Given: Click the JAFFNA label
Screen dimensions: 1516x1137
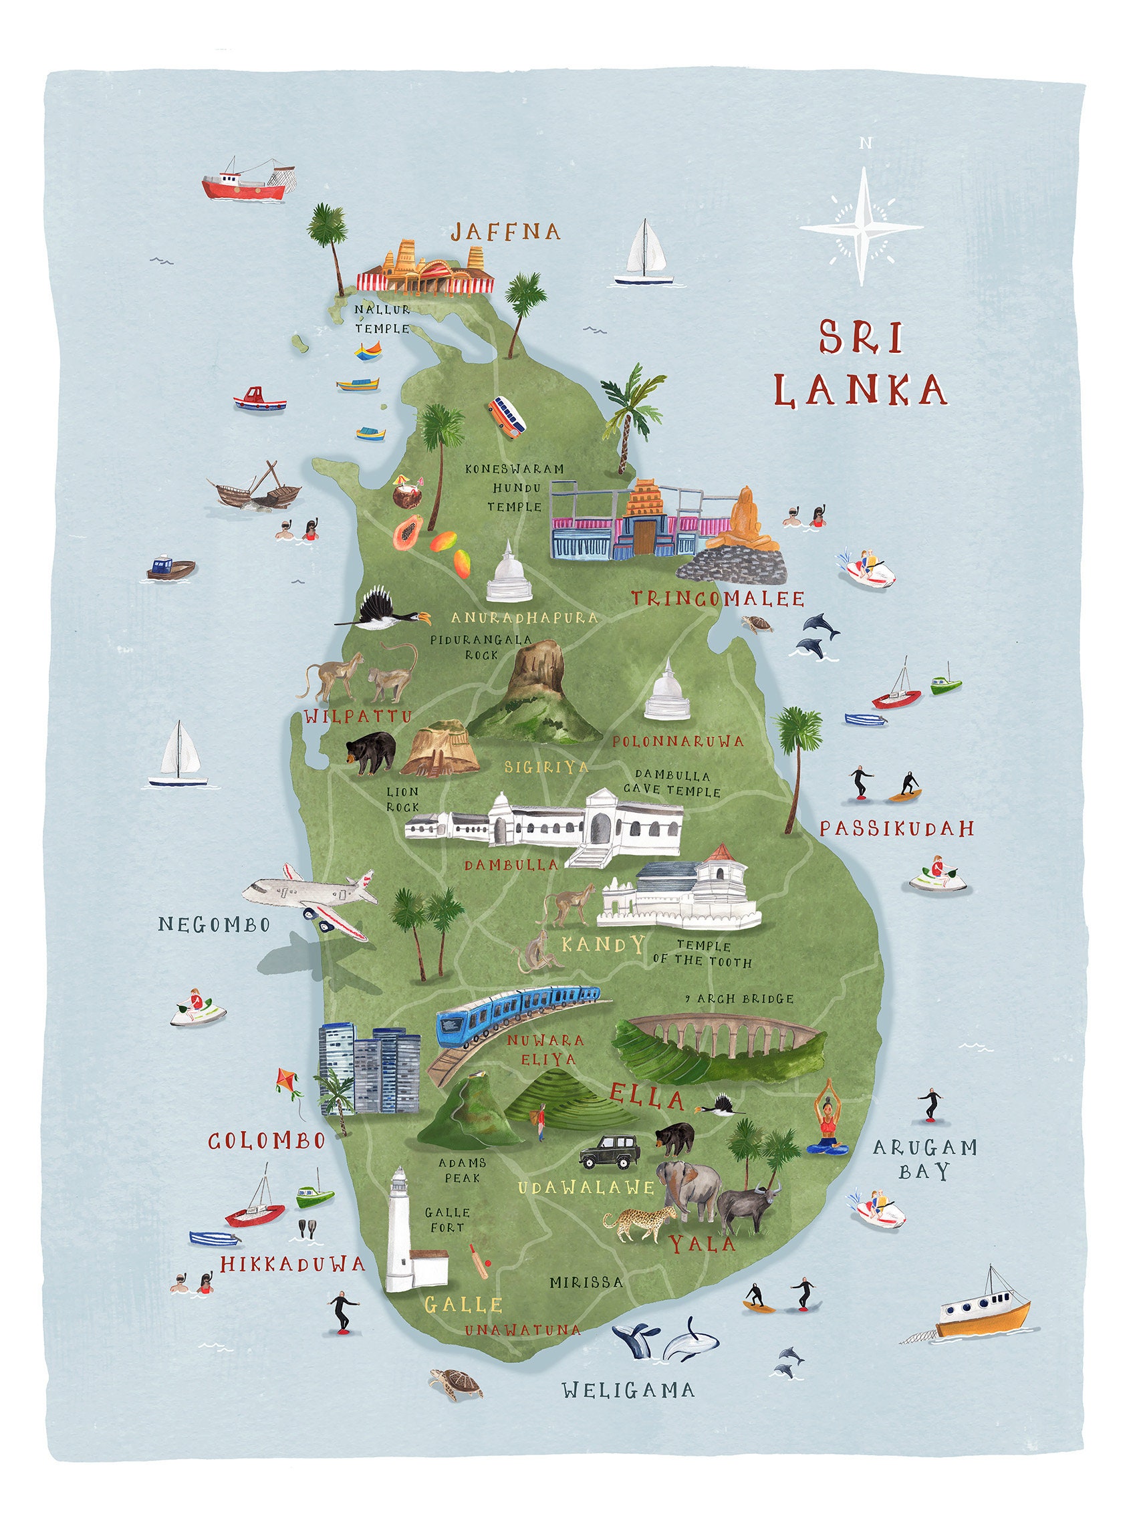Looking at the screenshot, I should coord(505,232).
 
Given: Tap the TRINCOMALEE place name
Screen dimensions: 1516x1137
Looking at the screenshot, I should coord(717,598).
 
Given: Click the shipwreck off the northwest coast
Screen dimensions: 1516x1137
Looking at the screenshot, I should coord(255,487).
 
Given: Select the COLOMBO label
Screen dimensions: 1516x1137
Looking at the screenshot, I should coord(267,1140).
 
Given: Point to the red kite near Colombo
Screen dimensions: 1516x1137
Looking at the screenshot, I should coord(288,1082).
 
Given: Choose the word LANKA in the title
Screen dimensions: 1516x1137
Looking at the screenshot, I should coord(862,390).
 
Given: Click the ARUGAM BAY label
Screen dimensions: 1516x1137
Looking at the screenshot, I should coord(924,1158).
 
